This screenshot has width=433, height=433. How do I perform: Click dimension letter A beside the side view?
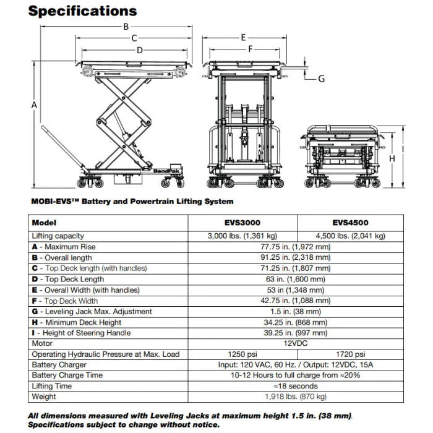(34, 106)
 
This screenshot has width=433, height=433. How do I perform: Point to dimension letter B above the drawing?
(126, 26)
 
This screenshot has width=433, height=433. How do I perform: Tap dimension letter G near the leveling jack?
(321, 79)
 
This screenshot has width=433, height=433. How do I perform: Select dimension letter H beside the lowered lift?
(392, 158)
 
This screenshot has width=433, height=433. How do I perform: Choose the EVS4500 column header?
(350, 223)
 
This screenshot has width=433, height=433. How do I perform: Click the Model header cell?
(44, 223)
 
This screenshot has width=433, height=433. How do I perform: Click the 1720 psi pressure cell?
(350, 354)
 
